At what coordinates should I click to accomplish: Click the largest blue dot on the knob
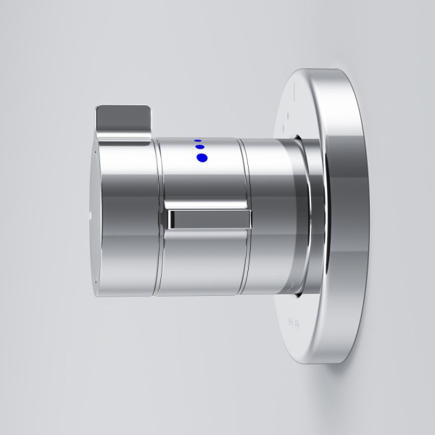[x=202, y=157]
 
